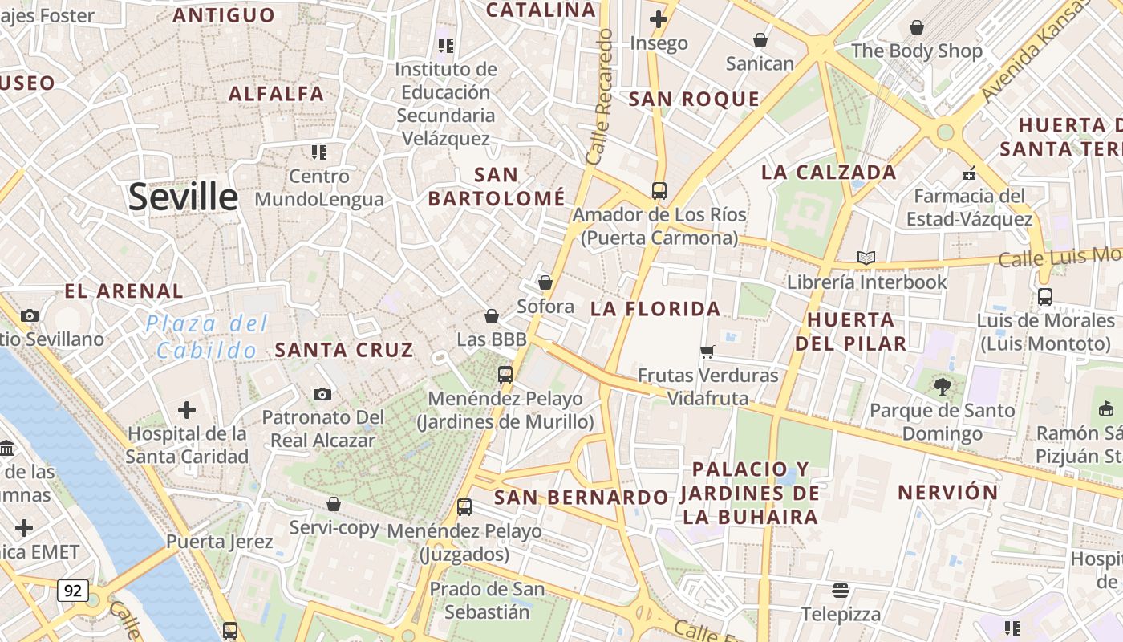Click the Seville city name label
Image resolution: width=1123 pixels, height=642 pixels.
coord(183,197)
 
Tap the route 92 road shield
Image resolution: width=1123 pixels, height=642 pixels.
coord(72,591)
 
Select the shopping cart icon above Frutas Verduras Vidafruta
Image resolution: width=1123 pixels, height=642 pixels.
coord(707,351)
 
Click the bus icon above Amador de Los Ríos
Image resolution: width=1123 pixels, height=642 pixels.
coord(659,191)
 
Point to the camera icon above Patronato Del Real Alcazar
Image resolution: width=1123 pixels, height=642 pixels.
coord(322,394)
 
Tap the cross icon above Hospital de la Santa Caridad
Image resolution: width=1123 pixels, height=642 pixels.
coord(187,411)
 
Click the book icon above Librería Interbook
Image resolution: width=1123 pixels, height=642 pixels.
coord(866,258)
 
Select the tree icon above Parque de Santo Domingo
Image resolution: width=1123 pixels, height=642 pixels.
coord(942,387)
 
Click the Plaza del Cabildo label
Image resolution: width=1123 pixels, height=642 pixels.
coord(207,337)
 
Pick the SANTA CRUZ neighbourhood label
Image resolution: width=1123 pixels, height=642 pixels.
coord(344,350)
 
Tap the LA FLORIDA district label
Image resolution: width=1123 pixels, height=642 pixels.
coord(655,309)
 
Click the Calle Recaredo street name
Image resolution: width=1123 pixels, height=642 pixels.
coord(600,96)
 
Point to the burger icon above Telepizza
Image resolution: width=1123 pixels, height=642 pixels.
coord(840,591)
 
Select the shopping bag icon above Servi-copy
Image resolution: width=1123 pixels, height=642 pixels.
coord(334,504)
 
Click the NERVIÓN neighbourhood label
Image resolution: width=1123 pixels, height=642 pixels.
coord(947,492)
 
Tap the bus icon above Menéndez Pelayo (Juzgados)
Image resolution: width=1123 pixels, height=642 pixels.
coord(464,507)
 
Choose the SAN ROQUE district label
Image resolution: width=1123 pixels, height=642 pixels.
coord(694,100)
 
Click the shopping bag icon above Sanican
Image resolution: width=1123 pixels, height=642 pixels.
coord(760,40)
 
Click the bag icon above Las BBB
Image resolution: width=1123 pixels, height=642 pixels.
coord(492,317)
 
